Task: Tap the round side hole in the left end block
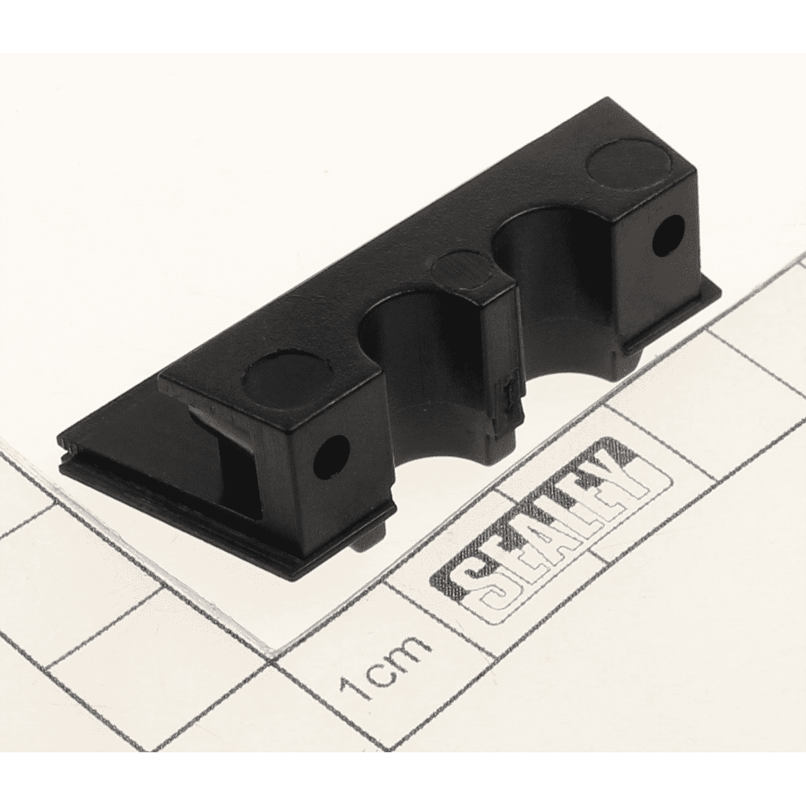pyautogui.click(x=331, y=456)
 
